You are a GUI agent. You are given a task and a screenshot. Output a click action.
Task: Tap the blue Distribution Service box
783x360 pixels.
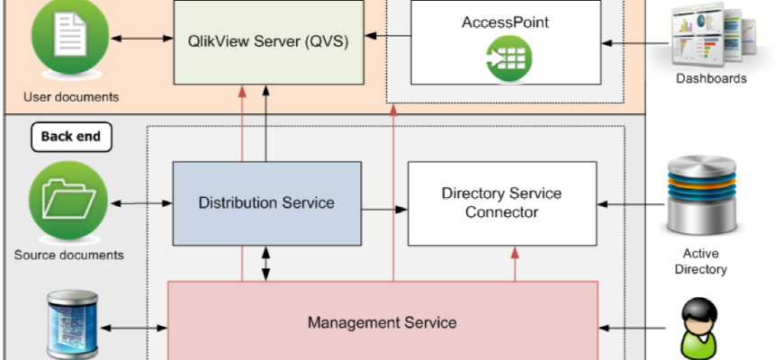[x=266, y=202]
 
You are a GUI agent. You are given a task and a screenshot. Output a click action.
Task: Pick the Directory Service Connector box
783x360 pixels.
[x=502, y=203]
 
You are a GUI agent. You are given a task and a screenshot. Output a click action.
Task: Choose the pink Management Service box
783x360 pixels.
[x=382, y=322]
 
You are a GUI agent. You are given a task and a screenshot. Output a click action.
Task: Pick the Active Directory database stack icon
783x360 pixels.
[x=703, y=198]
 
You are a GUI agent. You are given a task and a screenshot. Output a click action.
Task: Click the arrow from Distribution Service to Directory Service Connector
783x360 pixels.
[x=384, y=210]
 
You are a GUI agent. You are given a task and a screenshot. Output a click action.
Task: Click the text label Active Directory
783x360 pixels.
[x=701, y=262]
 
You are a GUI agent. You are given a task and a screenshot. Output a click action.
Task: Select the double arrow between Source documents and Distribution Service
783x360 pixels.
[x=139, y=202]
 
